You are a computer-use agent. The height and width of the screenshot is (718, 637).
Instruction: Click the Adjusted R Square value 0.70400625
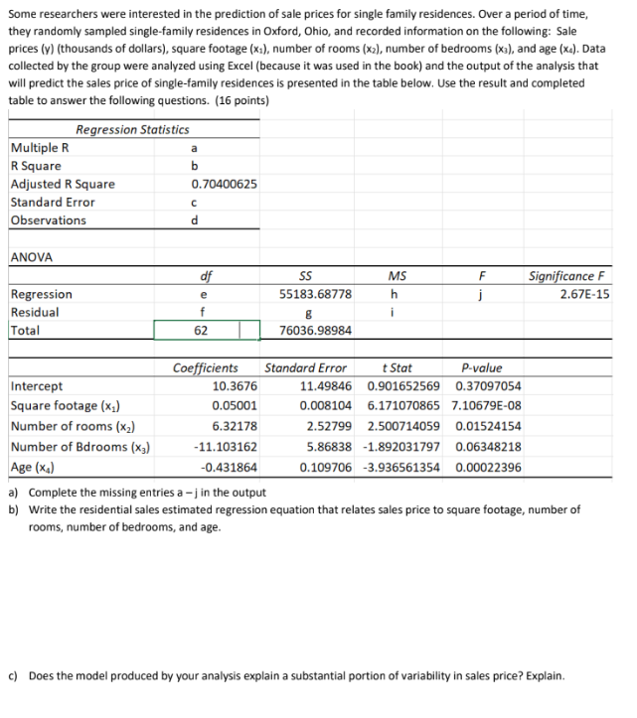[224, 185]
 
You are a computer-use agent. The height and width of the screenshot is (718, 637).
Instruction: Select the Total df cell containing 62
[202, 331]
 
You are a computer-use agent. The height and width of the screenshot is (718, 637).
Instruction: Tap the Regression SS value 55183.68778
[315, 295]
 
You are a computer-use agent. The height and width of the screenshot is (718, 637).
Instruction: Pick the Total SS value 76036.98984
[315, 331]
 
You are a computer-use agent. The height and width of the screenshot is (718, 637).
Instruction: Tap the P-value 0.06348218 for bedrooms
[487, 447]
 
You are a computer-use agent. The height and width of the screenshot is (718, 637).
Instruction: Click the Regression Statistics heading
[132, 130]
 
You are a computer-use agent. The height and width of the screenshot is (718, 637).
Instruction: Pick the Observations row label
[48, 220]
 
